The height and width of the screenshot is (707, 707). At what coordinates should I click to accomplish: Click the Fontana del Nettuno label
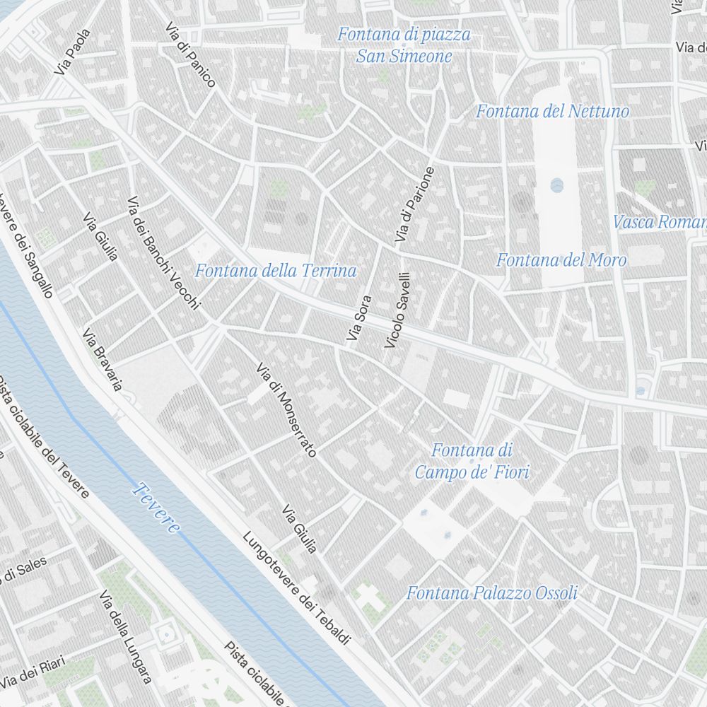[552, 111]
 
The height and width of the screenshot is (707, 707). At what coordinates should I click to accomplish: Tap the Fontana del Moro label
[561, 260]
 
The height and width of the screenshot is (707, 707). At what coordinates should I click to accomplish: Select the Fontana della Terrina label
[276, 271]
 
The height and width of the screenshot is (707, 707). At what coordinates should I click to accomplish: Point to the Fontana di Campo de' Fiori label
[472, 461]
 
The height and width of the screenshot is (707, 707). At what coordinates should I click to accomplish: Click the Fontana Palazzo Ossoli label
[492, 593]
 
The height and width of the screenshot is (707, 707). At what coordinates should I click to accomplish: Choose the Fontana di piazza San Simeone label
[404, 45]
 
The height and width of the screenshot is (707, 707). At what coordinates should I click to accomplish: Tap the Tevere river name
[157, 508]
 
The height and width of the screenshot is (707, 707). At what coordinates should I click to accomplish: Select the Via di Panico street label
[190, 54]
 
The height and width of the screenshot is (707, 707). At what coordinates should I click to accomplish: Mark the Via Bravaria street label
[103, 359]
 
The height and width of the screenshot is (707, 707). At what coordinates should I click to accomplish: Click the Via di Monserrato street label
[286, 409]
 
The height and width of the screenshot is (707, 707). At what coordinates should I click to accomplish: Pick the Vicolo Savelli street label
[397, 310]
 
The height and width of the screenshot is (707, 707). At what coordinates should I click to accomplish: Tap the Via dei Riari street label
[33, 672]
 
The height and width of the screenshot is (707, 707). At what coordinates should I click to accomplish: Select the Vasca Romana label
[660, 222]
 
